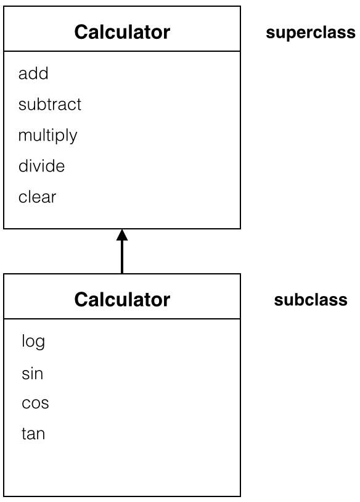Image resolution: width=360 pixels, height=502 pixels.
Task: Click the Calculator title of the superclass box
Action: pos(122,32)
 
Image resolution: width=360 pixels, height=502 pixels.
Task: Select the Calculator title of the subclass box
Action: pos(122,300)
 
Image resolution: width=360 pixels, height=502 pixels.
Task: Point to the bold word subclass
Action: pos(311,300)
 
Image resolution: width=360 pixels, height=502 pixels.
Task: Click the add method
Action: pos(33,73)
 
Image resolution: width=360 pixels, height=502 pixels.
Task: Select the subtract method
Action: pos(50,104)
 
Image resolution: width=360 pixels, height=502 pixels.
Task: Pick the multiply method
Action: pos(47,136)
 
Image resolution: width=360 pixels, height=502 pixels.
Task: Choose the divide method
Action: pos(41,166)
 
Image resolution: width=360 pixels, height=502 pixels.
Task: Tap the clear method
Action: pos(37,197)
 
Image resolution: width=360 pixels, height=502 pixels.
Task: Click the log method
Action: pos(33,342)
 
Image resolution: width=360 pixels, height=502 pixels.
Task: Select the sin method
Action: pos(32,373)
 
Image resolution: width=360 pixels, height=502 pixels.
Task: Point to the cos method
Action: pos(35,403)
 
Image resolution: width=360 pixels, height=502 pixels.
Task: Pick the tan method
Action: pos(33,434)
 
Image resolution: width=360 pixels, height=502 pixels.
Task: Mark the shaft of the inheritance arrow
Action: pos(122,257)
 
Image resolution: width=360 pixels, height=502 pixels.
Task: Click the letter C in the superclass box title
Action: pos(81,32)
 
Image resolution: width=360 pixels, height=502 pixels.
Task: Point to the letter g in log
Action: pos(40,344)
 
